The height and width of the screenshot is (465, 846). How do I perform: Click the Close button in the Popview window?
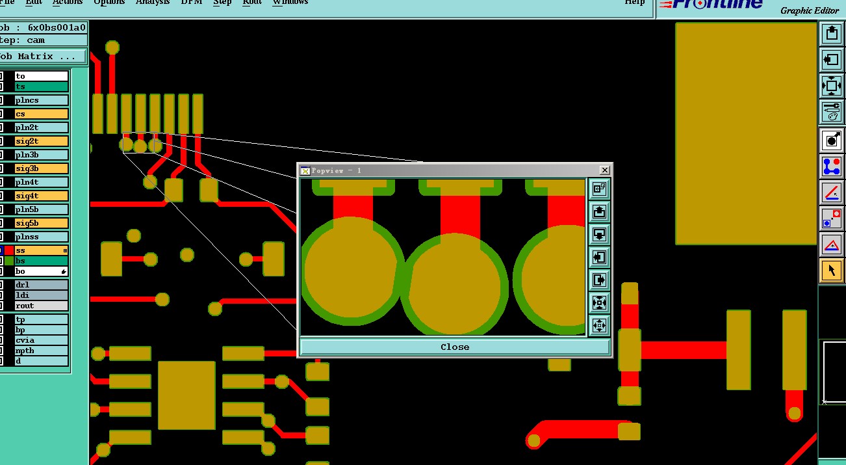click(x=455, y=347)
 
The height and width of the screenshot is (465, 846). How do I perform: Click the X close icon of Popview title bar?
click(x=604, y=170)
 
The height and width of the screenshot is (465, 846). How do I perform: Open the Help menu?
click(x=634, y=3)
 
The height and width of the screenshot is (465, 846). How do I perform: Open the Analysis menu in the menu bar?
click(x=152, y=3)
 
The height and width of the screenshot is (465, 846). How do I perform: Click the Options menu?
click(x=109, y=3)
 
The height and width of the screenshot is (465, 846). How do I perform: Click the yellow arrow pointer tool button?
click(x=832, y=271)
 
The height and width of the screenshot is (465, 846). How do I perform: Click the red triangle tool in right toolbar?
click(x=832, y=245)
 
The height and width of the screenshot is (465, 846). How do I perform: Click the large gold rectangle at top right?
click(x=745, y=133)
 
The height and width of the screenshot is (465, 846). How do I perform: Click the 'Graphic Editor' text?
click(x=810, y=10)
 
